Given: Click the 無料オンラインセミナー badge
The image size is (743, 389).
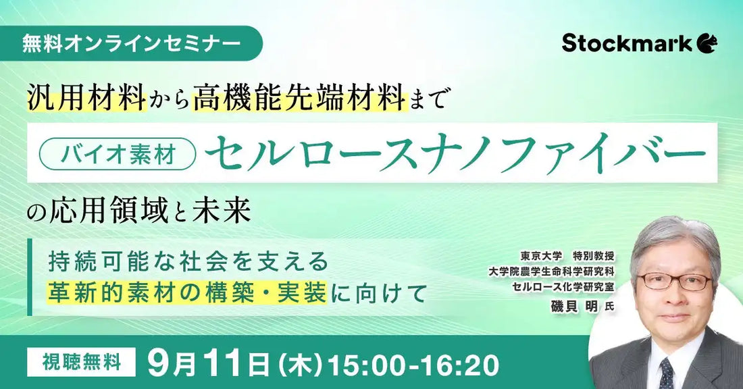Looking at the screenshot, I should (x=132, y=43).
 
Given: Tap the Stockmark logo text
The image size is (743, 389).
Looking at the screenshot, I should (x=627, y=43).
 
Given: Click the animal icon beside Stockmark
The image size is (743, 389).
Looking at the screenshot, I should (x=708, y=43).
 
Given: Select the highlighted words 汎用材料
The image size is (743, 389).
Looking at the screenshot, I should (x=87, y=99).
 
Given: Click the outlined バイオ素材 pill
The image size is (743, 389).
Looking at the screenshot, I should (x=118, y=155).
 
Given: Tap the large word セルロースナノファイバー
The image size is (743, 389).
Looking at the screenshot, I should (x=457, y=154).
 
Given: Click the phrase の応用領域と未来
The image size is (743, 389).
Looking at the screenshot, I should (x=140, y=211).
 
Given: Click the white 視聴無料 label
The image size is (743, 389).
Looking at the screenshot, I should (x=81, y=363).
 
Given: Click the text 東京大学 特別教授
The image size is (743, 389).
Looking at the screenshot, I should (x=565, y=257).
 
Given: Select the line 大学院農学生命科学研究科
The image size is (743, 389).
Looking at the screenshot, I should (x=551, y=271).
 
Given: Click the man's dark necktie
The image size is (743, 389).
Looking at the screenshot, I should (x=666, y=373).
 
